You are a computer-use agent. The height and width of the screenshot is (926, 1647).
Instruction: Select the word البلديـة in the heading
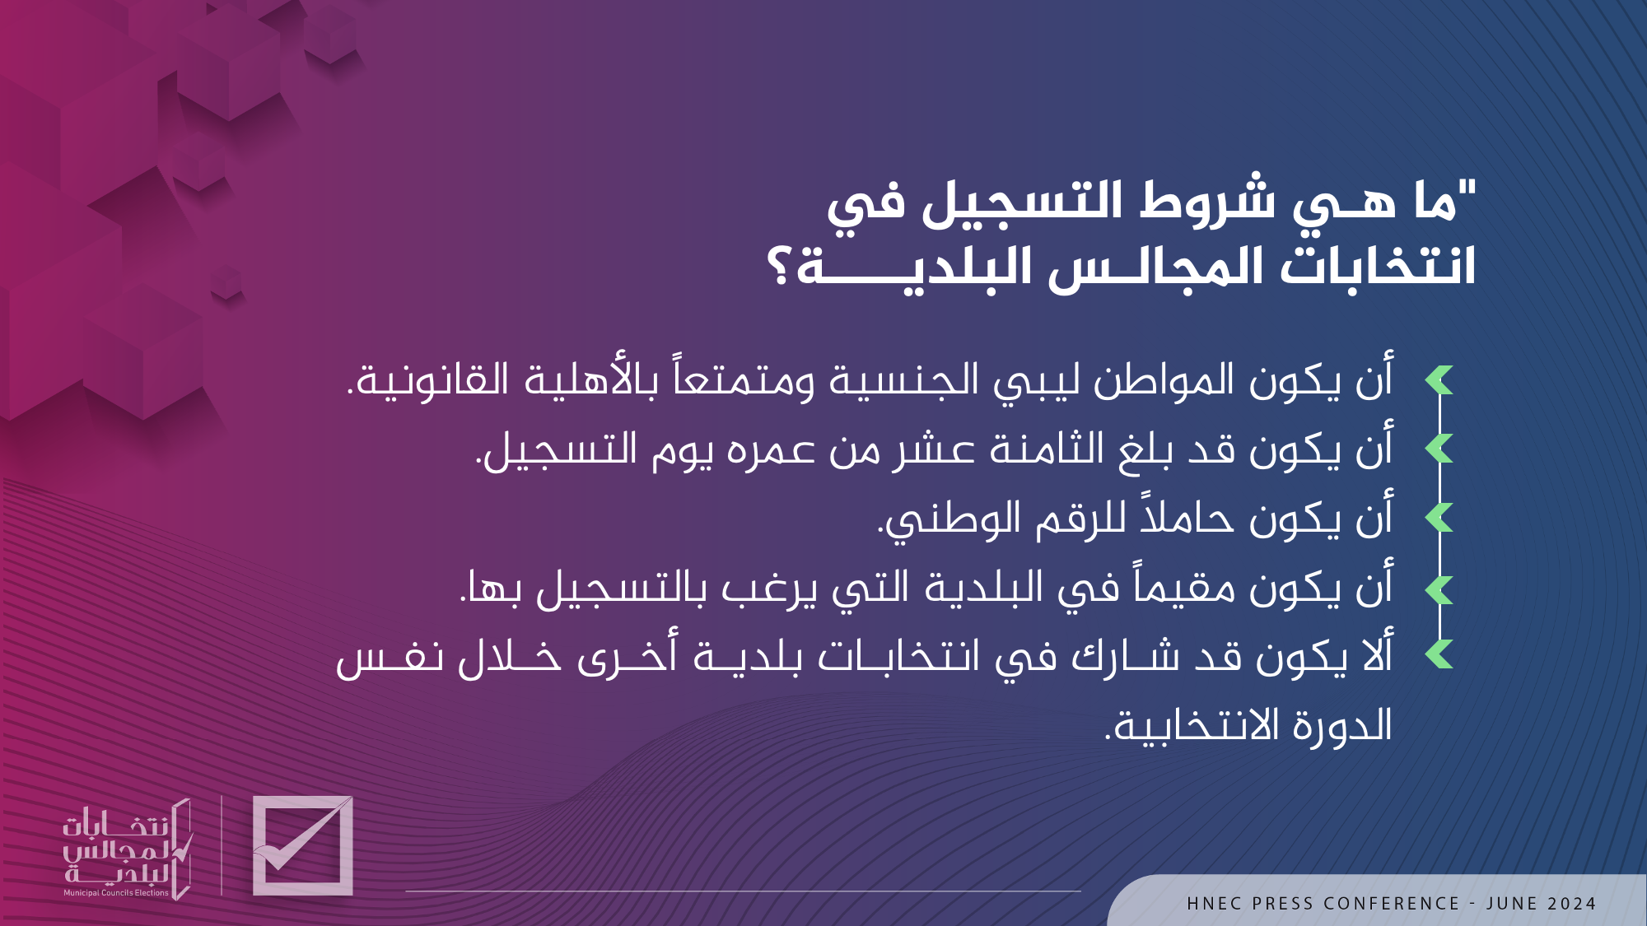coord(914,267)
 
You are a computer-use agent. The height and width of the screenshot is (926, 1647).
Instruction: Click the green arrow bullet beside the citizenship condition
coord(1439,380)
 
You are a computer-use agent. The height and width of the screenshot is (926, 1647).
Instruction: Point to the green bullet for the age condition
coord(1439,449)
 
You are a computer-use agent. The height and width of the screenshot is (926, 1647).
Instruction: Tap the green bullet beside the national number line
coord(1439,518)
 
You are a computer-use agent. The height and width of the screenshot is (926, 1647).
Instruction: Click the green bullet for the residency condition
coord(1439,589)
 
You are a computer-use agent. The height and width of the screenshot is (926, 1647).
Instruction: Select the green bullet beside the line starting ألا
coord(1439,654)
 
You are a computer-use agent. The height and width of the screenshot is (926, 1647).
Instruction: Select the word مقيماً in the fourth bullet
coord(1187,588)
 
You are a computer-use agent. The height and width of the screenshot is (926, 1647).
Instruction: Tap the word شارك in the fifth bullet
coord(1126,657)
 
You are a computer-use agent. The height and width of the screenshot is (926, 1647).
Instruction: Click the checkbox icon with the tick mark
coord(303,845)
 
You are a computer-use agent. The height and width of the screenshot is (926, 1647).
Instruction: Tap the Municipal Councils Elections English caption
coord(116,893)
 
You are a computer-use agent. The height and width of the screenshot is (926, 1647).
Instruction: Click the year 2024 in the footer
coord(1572,904)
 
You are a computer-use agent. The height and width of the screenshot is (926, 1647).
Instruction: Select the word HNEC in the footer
coord(1215,904)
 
